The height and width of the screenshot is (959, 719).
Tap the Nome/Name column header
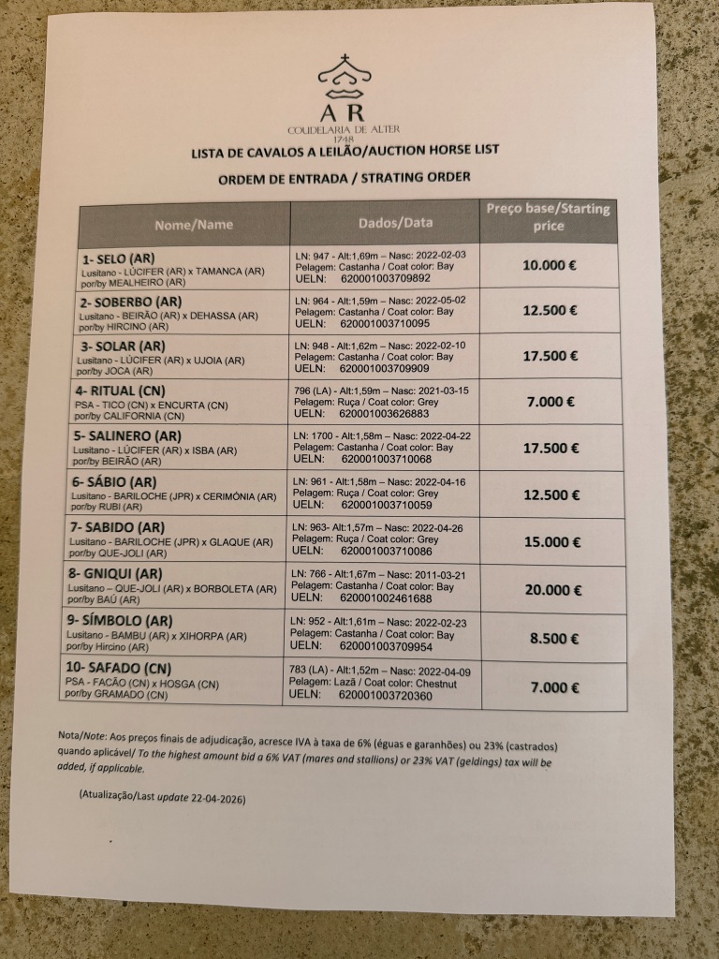(x=194, y=225)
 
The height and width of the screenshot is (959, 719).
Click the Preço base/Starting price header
(x=549, y=217)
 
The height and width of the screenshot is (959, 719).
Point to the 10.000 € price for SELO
(x=550, y=265)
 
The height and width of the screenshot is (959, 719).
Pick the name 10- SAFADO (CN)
(x=131, y=668)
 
